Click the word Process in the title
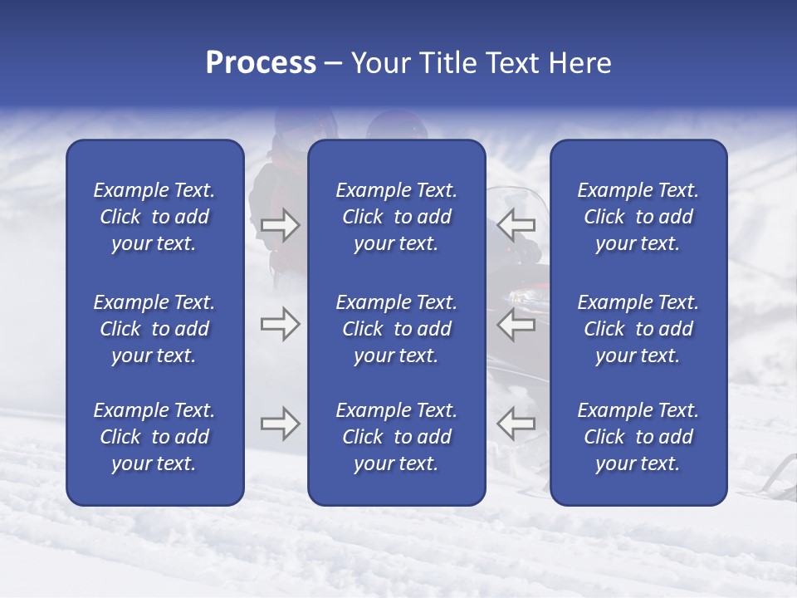click(261, 63)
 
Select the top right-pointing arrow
click(280, 224)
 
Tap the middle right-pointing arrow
click(280, 325)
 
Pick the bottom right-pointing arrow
click(280, 424)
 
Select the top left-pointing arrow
click(516, 224)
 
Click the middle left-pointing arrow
click(516, 325)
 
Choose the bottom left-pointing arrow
click(516, 424)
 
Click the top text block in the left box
click(154, 217)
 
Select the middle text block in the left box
click(154, 329)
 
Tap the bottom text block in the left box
click(154, 437)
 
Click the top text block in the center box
click(396, 217)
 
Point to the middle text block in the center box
click(396, 329)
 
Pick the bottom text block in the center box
click(396, 437)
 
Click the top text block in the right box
click(638, 217)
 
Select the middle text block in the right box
click(638, 329)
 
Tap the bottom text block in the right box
click(638, 437)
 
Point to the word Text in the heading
click(513, 63)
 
